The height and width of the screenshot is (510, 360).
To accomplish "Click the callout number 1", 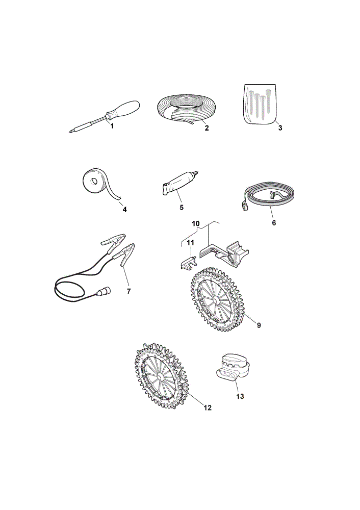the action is (x=112, y=126).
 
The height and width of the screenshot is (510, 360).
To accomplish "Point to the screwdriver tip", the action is (x=71, y=132).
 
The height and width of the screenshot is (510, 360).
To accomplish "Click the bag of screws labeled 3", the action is (x=260, y=104).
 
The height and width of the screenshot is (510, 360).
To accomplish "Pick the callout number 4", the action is (x=124, y=210).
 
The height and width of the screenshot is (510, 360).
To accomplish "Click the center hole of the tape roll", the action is (x=93, y=181).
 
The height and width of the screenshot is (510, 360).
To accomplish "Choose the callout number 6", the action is (x=274, y=223).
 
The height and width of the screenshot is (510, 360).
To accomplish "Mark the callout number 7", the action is (x=129, y=291).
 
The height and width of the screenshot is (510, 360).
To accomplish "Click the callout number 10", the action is (x=196, y=224).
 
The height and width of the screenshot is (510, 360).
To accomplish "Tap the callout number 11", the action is (x=191, y=242).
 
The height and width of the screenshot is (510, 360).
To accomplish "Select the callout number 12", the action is (x=208, y=407).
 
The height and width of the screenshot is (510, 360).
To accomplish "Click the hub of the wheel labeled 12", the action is (x=160, y=377).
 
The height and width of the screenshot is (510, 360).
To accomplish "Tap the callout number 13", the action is (x=240, y=396).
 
